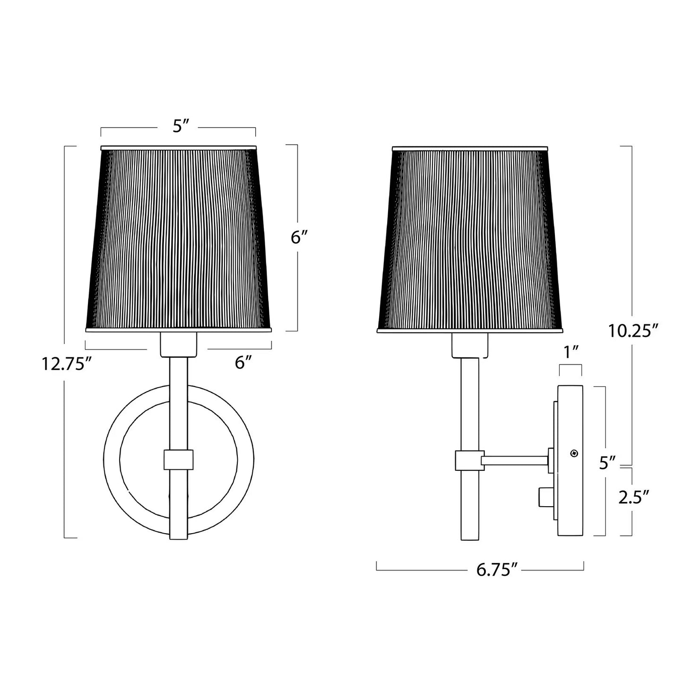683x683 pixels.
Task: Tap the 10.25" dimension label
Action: coord(633,331)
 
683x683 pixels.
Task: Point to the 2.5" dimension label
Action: coord(633,497)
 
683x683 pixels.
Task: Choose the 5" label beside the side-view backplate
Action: coord(607,463)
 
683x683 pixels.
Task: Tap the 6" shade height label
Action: coord(299,238)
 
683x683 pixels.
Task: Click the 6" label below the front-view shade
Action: coord(242,363)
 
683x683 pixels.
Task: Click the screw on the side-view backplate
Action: coord(574,453)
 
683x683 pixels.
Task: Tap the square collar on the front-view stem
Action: coord(179,459)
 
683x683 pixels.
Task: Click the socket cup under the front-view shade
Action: coord(179,344)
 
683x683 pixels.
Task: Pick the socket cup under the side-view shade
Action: coord(470,346)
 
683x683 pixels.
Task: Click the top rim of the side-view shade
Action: coord(470,148)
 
